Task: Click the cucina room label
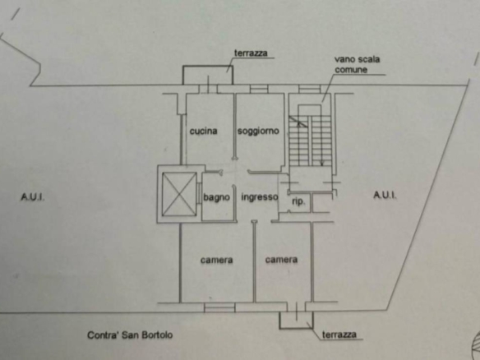click(204, 131)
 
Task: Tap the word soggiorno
click(258, 131)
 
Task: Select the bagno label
click(217, 197)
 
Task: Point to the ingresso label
click(260, 196)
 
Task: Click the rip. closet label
click(298, 201)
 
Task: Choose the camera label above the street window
click(217, 261)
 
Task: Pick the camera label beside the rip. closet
click(281, 260)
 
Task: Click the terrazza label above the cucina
click(251, 53)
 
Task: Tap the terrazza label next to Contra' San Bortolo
click(339, 335)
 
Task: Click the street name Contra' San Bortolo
click(130, 335)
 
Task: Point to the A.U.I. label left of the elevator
click(32, 196)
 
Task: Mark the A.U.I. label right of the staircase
click(385, 195)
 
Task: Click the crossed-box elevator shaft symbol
click(179, 194)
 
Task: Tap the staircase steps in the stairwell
click(310, 141)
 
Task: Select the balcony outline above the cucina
click(208, 66)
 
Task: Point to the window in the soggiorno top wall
click(259, 89)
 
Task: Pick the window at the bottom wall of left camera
click(219, 307)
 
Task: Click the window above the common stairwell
click(310, 89)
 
